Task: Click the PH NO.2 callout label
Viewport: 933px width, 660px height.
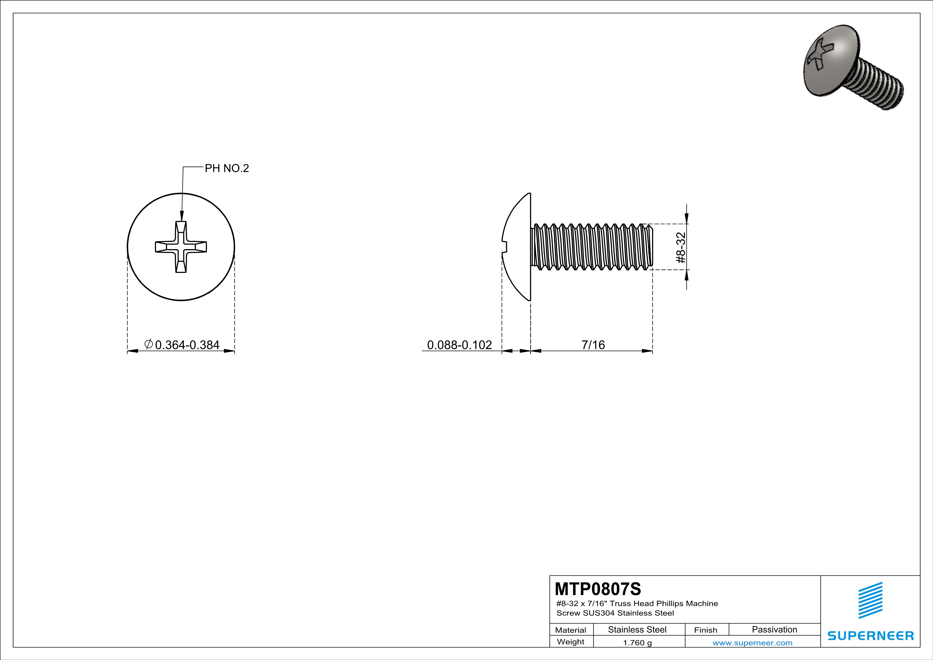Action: (226, 168)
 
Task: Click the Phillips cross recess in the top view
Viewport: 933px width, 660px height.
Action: (181, 247)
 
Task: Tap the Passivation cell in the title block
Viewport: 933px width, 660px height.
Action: (774, 629)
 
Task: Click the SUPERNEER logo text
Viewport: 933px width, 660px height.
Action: (870, 636)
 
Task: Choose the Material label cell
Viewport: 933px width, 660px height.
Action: (571, 630)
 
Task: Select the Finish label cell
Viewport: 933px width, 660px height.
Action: (706, 630)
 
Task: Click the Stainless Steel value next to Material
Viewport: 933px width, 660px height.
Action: (637, 629)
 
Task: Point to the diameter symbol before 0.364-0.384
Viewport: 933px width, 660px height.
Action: (149, 344)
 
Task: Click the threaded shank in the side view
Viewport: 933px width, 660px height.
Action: (591, 247)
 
